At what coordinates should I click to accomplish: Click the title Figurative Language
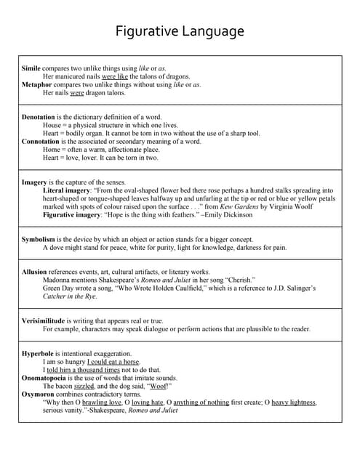coord(180,32)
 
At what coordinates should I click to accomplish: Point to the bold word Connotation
coord(41,142)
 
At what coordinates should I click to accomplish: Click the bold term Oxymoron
coord(38,394)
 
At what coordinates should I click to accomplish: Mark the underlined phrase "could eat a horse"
coord(113,361)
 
